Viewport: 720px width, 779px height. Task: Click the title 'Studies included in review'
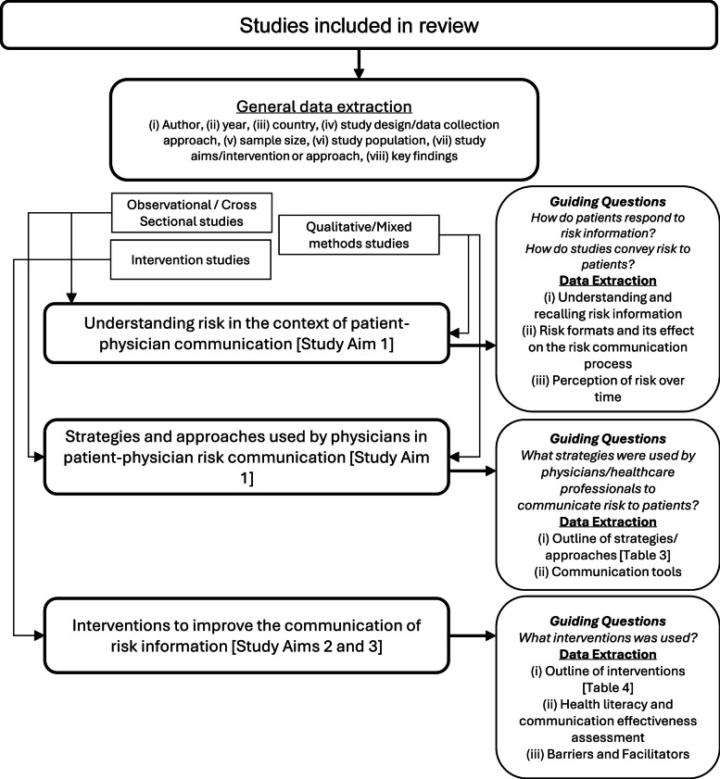click(359, 25)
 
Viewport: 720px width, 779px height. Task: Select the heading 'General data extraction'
click(324, 107)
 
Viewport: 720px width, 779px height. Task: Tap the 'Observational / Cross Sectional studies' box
click(192, 213)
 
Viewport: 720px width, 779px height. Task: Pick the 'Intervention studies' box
click(190, 260)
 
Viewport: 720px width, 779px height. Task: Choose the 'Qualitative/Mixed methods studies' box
click(359, 234)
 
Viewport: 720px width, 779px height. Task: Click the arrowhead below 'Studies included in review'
click(359, 72)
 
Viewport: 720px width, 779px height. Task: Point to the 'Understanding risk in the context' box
click(246, 333)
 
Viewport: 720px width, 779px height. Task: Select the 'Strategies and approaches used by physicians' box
click(246, 457)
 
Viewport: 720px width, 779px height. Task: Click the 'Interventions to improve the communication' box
click(246, 635)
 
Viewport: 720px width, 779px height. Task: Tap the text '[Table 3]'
click(645, 555)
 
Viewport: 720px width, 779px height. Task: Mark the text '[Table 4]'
click(608, 687)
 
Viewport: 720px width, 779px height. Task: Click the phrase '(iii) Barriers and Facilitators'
click(608, 754)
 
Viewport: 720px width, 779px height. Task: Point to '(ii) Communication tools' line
click(608, 572)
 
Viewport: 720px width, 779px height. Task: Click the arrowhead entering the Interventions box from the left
click(39, 635)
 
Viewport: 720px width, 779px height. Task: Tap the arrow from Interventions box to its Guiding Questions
click(473, 635)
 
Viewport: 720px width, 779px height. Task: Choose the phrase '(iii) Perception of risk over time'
click(608, 388)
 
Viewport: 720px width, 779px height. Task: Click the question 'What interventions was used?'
click(608, 638)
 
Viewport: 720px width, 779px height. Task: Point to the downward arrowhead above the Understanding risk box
click(71, 297)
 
